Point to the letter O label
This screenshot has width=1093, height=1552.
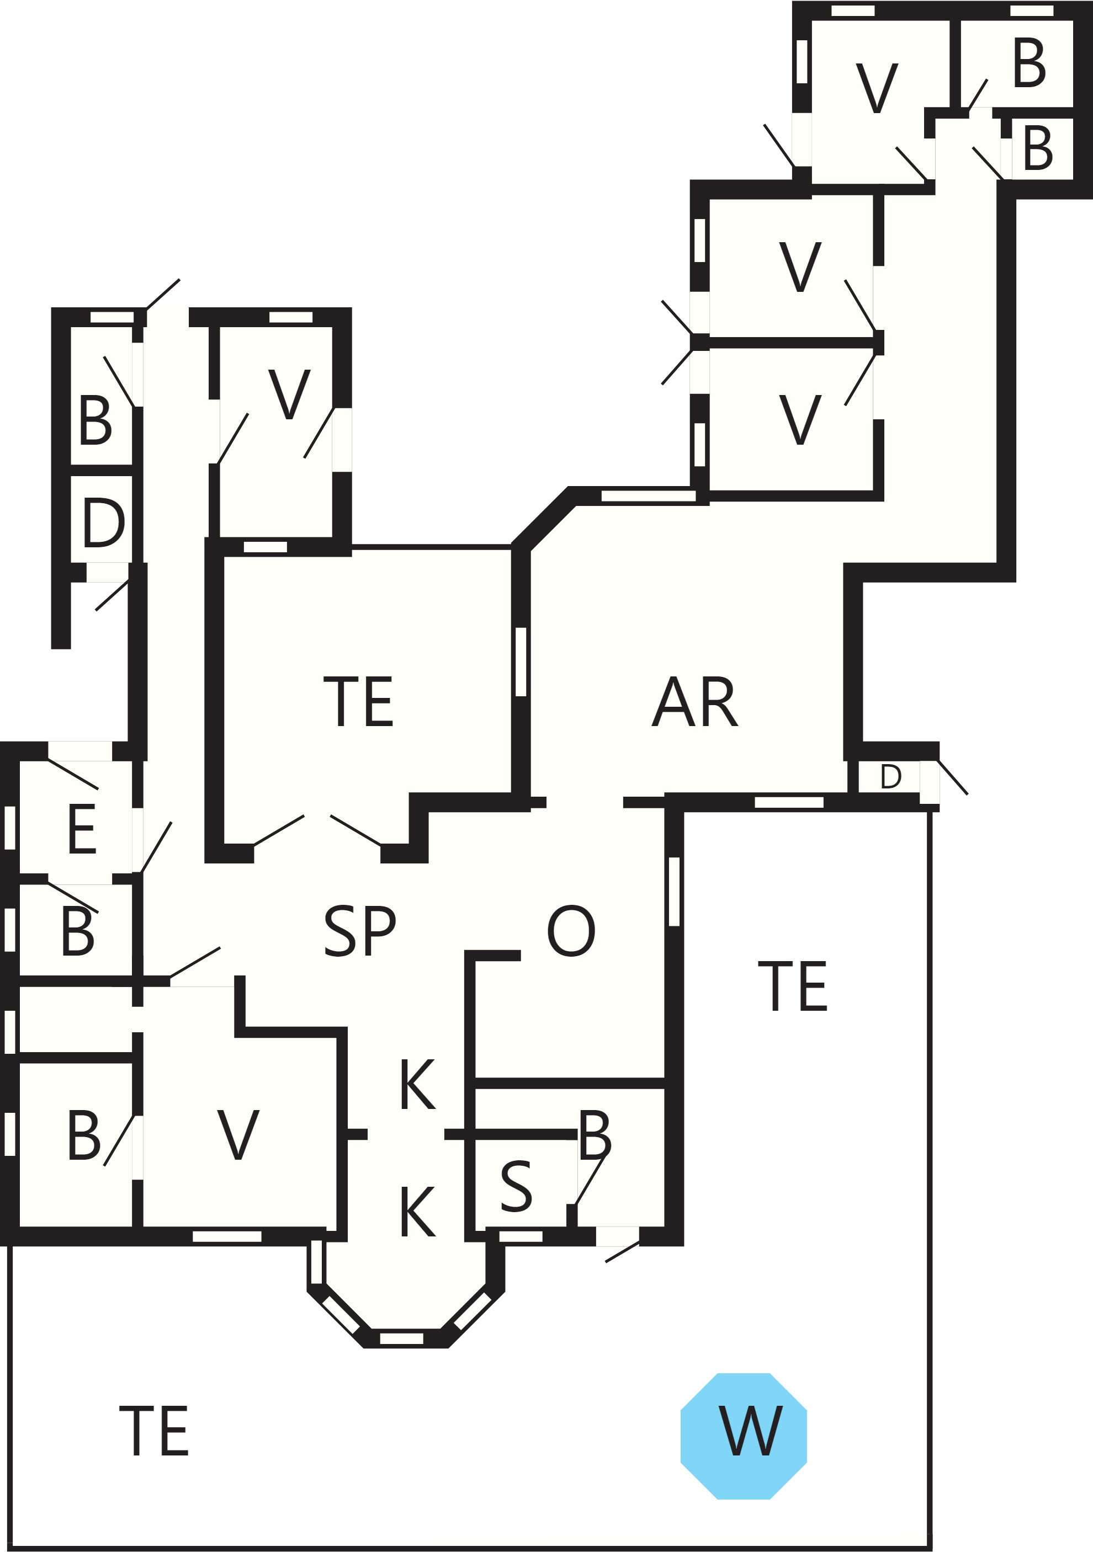tap(571, 931)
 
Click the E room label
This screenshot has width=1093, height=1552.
tap(82, 829)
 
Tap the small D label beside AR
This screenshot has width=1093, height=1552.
tap(891, 777)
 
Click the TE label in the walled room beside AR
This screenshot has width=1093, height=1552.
tap(358, 702)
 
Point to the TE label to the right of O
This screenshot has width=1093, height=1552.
tap(793, 986)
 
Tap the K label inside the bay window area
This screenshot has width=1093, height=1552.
tap(417, 1212)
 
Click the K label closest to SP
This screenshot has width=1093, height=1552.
tap(417, 1084)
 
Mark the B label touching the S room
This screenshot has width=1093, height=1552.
tap(595, 1135)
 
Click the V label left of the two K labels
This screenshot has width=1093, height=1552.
tap(238, 1135)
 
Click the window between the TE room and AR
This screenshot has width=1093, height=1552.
tap(521, 662)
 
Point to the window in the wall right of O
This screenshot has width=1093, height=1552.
tap(673, 891)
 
